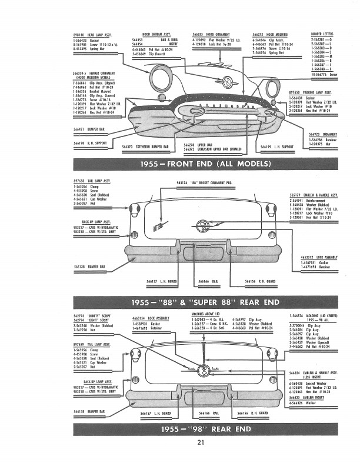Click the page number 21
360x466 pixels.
point(201,442)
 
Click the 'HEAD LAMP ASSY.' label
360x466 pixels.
point(98,35)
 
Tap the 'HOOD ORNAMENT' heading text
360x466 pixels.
point(217,35)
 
